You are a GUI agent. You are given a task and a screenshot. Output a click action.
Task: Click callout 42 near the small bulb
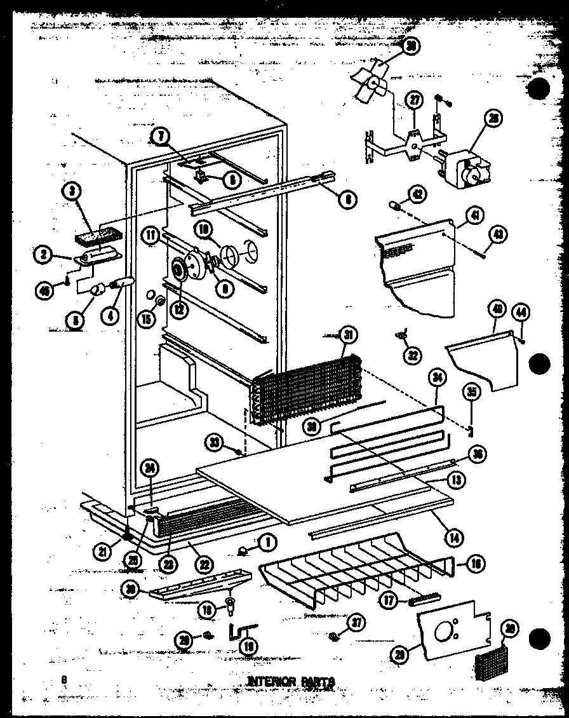tap(418, 194)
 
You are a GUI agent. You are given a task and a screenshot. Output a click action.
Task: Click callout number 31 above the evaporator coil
tap(348, 335)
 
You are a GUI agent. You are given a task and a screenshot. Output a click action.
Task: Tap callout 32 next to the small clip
tap(413, 355)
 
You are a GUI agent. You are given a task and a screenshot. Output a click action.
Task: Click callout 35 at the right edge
tap(471, 393)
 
